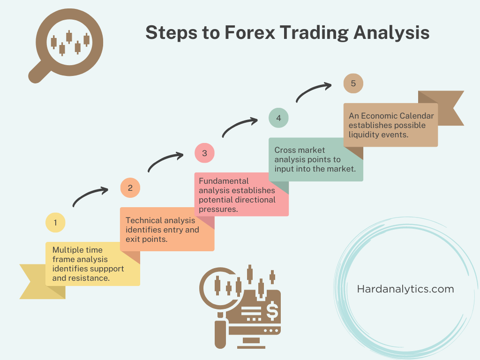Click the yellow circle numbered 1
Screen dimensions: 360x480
click(x=55, y=223)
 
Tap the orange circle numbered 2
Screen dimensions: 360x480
click(x=130, y=188)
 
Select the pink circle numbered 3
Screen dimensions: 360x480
click(x=204, y=153)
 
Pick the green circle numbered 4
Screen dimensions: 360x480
click(x=278, y=118)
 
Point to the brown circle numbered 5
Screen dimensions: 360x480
click(x=353, y=84)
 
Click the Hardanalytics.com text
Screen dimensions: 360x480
click(x=405, y=289)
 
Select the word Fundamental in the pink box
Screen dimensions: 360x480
click(x=223, y=181)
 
